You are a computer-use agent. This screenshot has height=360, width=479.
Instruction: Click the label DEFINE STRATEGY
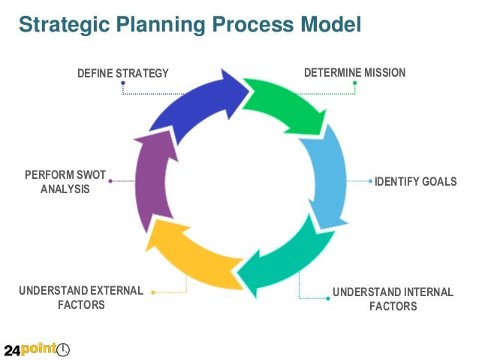coord(123,73)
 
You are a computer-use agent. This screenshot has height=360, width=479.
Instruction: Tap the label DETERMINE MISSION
coord(354,73)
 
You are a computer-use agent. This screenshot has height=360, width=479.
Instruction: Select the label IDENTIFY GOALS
coord(415,182)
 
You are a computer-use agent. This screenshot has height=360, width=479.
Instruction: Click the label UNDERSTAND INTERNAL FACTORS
coord(393,298)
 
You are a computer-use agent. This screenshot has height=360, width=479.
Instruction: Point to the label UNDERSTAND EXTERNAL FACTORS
coord(81,298)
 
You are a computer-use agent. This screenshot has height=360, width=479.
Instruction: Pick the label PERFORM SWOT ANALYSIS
coord(65,182)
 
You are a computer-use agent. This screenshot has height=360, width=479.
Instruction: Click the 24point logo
coord(37,349)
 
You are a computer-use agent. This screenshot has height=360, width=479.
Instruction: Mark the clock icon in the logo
coord(64,349)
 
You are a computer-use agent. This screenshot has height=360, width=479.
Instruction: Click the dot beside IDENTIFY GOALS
coord(370,181)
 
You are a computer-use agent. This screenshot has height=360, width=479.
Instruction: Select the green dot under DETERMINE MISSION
coord(355,83)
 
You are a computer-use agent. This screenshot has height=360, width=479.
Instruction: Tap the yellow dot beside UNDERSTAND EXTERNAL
coord(153,292)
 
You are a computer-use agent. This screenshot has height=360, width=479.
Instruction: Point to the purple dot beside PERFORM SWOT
coord(110,181)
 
